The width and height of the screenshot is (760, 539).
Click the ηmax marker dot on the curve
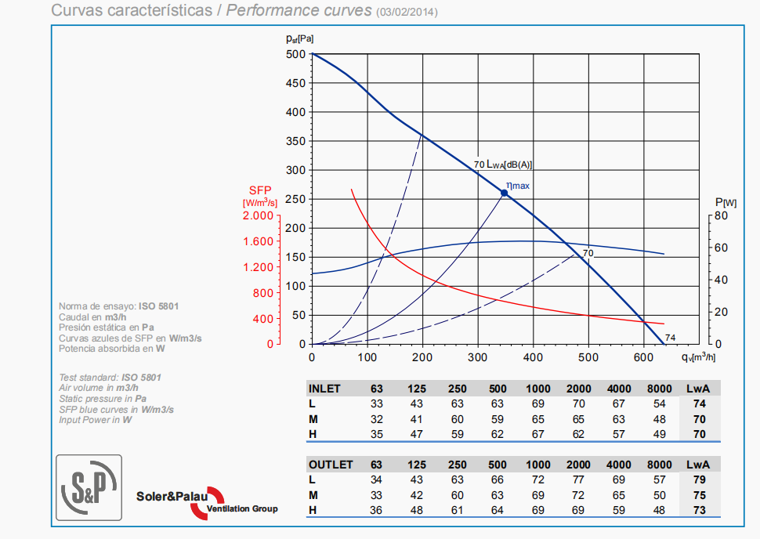[x=505, y=193]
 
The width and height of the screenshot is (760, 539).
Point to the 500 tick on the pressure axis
[x=295, y=55]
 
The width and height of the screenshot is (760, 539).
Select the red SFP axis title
[x=261, y=190]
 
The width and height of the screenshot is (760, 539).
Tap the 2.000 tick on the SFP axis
[x=258, y=215]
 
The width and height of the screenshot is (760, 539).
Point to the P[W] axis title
[x=726, y=201]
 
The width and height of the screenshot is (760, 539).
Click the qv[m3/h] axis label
[x=697, y=357]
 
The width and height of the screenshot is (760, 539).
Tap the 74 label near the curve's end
[x=670, y=338]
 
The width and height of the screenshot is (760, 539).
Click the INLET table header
[x=325, y=389]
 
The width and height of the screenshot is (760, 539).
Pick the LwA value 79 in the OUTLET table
[x=700, y=479]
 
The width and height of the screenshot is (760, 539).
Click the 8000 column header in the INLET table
[x=660, y=389]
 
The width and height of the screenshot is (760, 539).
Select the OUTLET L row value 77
[x=578, y=479]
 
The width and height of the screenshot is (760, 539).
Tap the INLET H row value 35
[x=377, y=434]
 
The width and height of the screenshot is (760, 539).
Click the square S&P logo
[x=89, y=488]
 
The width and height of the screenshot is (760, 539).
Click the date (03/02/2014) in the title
[x=407, y=13]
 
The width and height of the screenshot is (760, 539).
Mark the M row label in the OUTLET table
[x=313, y=495]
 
